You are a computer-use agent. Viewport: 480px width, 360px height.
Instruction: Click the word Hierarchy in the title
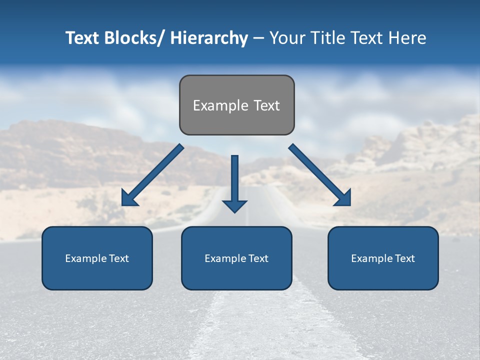[209, 38]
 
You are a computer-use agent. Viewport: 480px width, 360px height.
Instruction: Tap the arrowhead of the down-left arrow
[129, 198]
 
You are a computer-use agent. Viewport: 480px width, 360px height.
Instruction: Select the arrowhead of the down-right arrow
[343, 198]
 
